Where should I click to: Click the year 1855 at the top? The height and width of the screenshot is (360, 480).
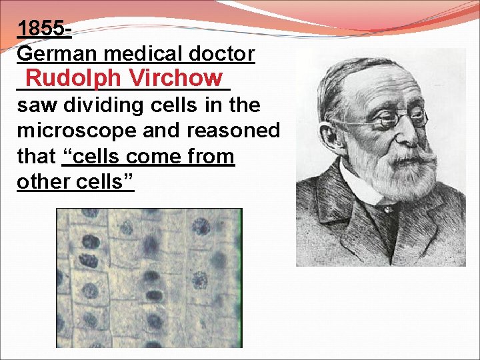pyautogui.click(x=42, y=29)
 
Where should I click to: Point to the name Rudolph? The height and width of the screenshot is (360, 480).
pyautogui.click(x=74, y=78)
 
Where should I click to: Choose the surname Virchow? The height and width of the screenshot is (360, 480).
pyautogui.click(x=177, y=78)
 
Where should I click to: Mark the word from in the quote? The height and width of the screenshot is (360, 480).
pyautogui.click(x=209, y=156)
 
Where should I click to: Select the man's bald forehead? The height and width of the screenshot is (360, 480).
pyautogui.click(x=380, y=80)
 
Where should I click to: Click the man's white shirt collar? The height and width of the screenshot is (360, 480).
pyautogui.click(x=357, y=183)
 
